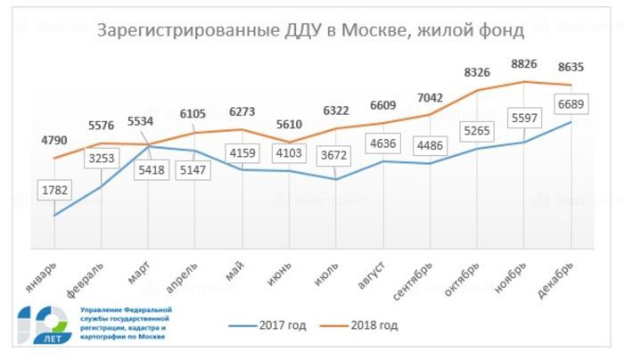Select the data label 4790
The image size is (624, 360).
coord(54,140)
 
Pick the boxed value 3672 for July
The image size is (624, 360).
coord(334,155)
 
